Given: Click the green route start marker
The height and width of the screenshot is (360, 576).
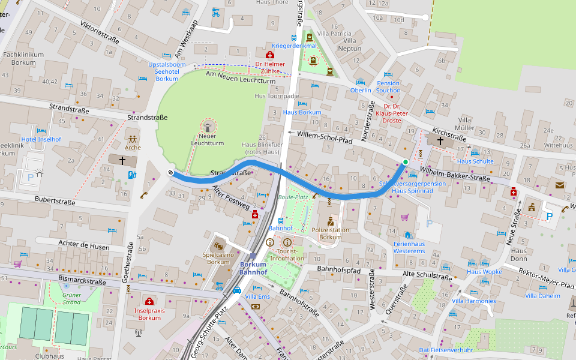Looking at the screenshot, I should (406, 162).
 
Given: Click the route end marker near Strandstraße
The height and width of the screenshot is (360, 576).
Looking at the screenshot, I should (171, 173).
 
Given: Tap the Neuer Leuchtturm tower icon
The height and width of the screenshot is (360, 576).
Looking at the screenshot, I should (207, 127).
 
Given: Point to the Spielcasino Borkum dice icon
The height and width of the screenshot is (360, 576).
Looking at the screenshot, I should (219, 245).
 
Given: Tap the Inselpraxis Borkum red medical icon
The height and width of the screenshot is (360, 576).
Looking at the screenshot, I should (149, 301).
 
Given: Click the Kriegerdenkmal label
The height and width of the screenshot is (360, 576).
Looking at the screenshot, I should (294, 46).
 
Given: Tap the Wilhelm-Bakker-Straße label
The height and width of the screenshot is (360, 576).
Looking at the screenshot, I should (454, 175).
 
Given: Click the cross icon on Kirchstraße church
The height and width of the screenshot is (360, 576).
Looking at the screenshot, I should (441, 140).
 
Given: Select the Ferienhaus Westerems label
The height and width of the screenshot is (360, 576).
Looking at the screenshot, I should (409, 247).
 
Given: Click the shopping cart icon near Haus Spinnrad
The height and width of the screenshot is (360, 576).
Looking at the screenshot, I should (404, 217).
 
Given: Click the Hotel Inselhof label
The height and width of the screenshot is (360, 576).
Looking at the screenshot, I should (41, 139).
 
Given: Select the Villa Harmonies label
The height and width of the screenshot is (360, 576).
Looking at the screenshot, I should (474, 301).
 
